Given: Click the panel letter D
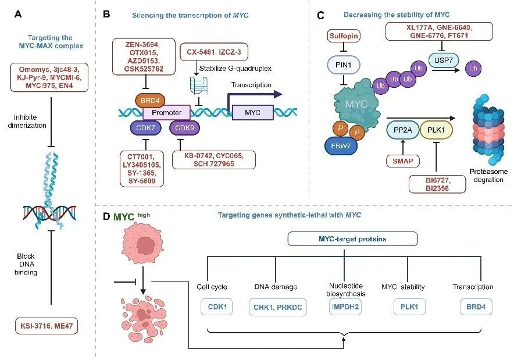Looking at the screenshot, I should [106, 216].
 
